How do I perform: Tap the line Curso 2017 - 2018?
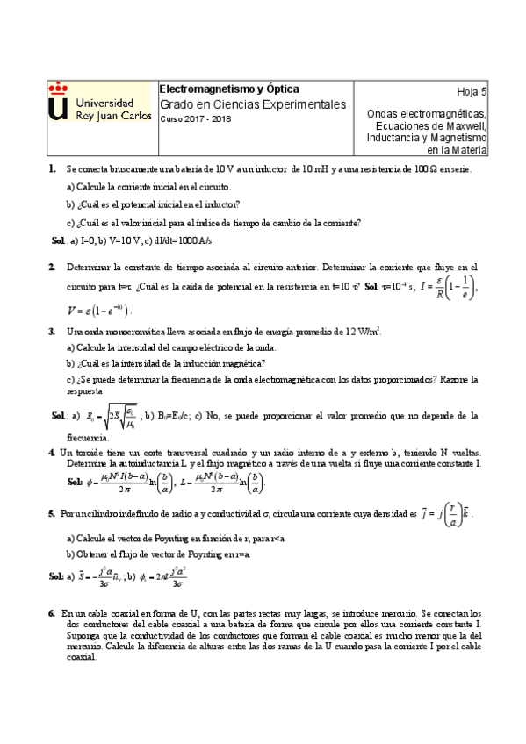pyautogui.click(x=191, y=120)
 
